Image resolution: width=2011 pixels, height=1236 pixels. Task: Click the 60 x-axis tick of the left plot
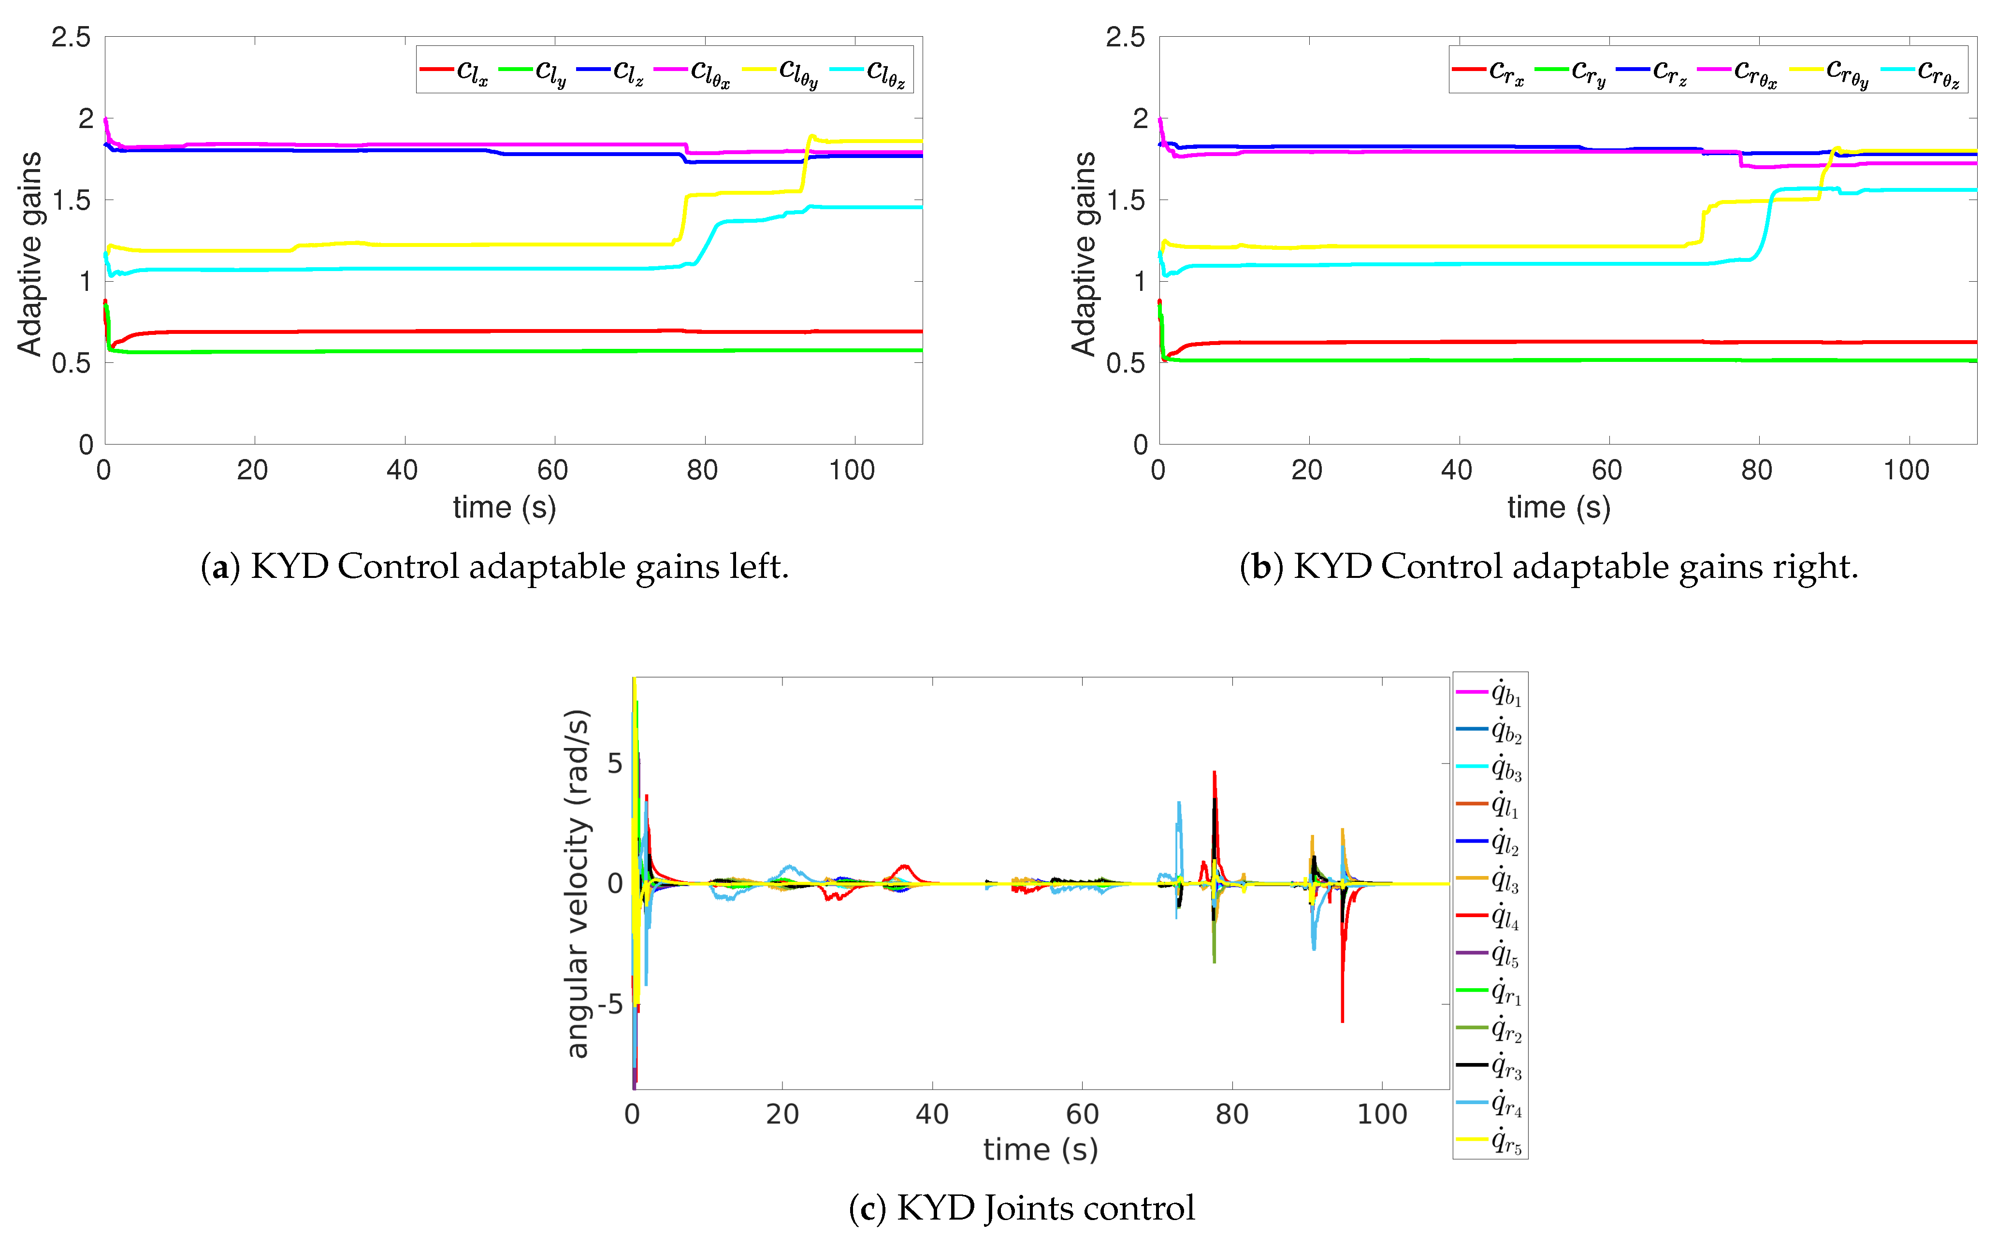coord(552,470)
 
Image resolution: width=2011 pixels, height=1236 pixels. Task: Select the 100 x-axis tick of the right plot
coord(1906,470)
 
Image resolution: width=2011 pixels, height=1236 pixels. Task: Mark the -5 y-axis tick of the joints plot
coord(609,1004)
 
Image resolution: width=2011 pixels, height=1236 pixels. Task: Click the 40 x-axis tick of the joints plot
coord(932,1114)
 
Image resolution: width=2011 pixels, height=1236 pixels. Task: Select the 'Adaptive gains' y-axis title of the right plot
coord(1083,253)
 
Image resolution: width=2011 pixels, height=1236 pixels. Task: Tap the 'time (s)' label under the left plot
coord(505,508)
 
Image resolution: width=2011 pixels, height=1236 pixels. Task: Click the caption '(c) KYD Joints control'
coord(1021,1207)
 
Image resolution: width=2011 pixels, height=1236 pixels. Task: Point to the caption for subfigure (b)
coord(1548,566)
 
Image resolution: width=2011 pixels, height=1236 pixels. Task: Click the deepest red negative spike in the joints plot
coord(1342,1020)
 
